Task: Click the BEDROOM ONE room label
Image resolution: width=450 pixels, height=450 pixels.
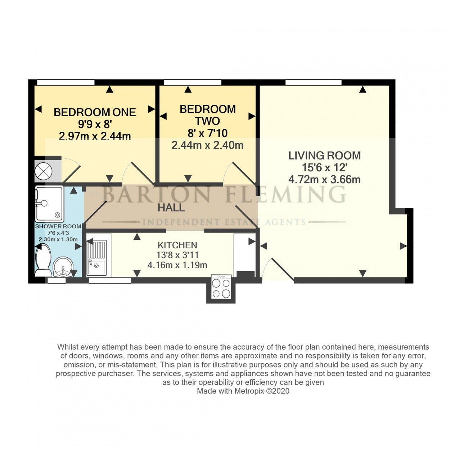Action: click(x=95, y=112)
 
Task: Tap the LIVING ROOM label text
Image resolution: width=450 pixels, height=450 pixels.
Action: click(x=325, y=156)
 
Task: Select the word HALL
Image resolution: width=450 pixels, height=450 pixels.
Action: click(x=171, y=208)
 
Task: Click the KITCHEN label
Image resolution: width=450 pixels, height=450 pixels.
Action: click(x=177, y=245)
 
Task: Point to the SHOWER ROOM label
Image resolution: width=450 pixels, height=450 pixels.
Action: click(x=58, y=226)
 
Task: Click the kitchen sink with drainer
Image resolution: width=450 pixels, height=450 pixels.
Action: click(x=96, y=257)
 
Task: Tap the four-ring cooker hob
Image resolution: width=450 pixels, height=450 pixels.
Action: click(x=221, y=287)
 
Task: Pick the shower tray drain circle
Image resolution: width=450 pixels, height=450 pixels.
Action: click(x=57, y=215)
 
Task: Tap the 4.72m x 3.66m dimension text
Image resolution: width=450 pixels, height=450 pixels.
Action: click(x=325, y=180)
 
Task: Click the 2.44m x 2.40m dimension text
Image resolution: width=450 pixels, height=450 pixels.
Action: click(x=207, y=145)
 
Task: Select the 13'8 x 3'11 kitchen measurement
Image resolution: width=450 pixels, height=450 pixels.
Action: click(x=177, y=255)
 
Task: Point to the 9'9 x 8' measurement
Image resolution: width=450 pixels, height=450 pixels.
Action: click(x=95, y=124)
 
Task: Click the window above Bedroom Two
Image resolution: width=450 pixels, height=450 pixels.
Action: click(x=193, y=82)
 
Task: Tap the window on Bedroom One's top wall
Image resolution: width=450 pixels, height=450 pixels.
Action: click(x=66, y=82)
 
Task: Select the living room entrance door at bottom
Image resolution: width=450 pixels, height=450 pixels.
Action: click(x=278, y=268)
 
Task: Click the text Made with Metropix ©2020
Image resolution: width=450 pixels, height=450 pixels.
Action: click(x=243, y=391)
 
